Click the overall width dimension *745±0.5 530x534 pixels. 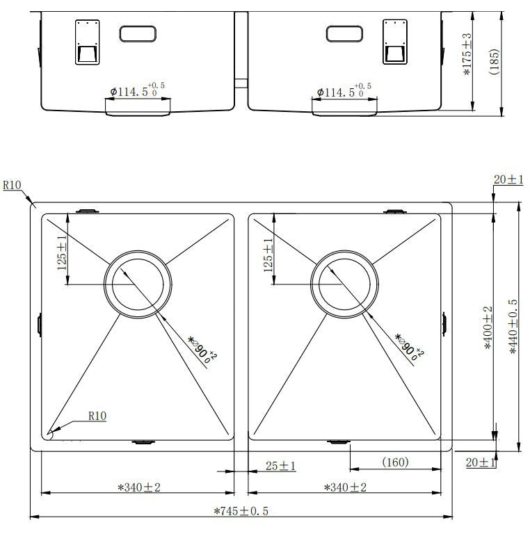(x=241, y=511)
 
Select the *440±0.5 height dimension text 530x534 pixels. (x=513, y=327)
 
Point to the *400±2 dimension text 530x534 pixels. (x=488, y=327)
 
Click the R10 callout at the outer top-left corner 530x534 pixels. (x=13, y=186)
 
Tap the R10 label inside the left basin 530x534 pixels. (x=97, y=416)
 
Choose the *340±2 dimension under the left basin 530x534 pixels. (x=139, y=487)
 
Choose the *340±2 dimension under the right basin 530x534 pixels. (x=346, y=487)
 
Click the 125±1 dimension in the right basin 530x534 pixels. (x=268, y=254)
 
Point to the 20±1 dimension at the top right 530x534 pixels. (x=508, y=180)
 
